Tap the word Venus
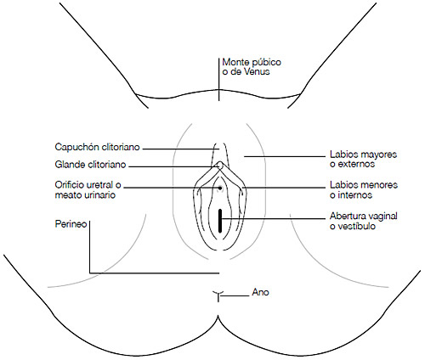click(x=257, y=71)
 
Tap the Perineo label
click(x=71, y=224)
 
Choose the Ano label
click(x=260, y=292)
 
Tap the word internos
click(x=354, y=195)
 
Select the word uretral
click(x=100, y=185)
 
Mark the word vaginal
click(x=382, y=217)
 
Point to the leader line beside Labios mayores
click(x=285, y=156)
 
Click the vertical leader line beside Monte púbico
click(x=218, y=80)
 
